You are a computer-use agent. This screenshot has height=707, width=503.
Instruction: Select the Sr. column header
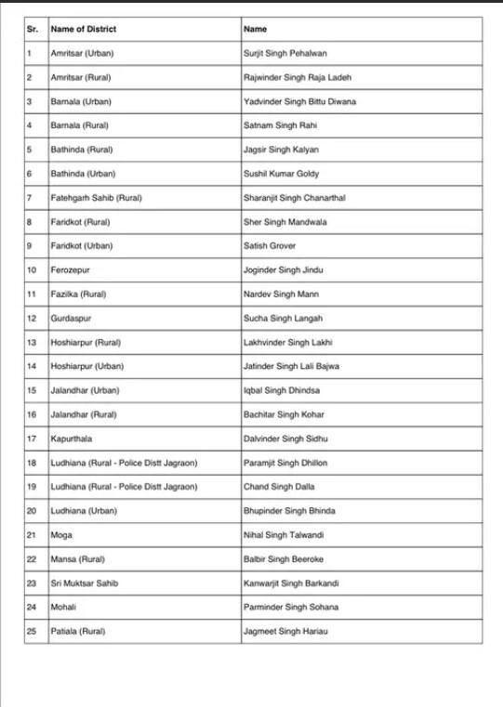[33, 30]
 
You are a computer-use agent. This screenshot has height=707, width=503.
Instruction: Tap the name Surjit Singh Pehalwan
[284, 54]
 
